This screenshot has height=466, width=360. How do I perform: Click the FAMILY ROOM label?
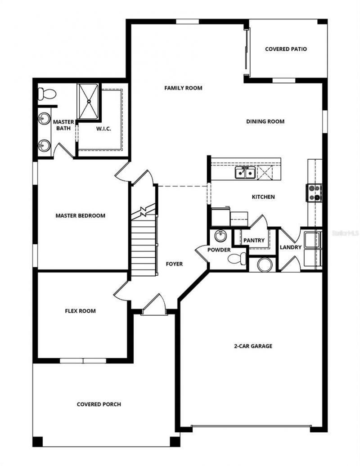(x=183, y=88)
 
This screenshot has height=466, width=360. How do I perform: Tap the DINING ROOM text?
(x=265, y=121)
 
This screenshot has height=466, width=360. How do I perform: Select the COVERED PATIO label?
(x=286, y=49)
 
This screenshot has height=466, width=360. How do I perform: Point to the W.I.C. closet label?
(x=103, y=129)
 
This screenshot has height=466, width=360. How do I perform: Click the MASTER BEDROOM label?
(x=80, y=215)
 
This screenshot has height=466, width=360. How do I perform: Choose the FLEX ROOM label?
(x=80, y=311)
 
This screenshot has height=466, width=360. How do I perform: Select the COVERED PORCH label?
(x=99, y=404)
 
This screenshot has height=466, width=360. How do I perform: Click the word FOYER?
(x=174, y=264)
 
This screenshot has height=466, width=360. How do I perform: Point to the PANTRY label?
(x=254, y=241)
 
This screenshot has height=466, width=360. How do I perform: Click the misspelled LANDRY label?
(x=290, y=247)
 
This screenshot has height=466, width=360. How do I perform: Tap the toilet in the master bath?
(x=46, y=94)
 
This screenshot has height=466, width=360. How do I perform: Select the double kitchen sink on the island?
(x=245, y=172)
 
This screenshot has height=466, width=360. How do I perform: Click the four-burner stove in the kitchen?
(x=314, y=193)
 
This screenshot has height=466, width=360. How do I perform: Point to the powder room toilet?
(x=237, y=259)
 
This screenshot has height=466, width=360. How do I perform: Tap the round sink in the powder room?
(x=220, y=236)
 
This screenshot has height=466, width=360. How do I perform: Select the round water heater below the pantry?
(x=264, y=264)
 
